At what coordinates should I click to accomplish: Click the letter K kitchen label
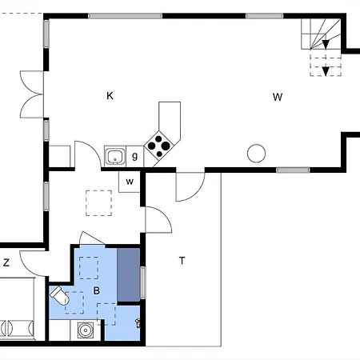[110, 96]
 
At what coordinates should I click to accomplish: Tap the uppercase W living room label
[278, 97]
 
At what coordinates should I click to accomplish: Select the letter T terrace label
[182, 261]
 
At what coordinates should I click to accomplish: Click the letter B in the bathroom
[97, 290]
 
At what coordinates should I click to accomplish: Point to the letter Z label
[6, 262]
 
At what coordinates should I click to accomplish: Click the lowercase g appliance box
[135, 156]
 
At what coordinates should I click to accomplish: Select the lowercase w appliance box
[130, 182]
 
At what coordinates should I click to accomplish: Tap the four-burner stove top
[159, 146]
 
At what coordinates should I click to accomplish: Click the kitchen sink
[115, 156]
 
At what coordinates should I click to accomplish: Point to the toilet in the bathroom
[59, 295]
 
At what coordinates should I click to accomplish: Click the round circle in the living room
[256, 154]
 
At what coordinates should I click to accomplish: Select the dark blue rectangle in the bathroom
[129, 275]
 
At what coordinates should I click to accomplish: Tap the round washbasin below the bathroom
[86, 330]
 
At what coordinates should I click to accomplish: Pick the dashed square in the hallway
[98, 203]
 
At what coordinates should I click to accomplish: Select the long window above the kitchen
[125, 16]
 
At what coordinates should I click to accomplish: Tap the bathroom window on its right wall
[143, 282]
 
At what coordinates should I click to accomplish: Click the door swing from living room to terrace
[190, 186]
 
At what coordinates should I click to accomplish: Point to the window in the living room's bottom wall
[293, 170]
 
